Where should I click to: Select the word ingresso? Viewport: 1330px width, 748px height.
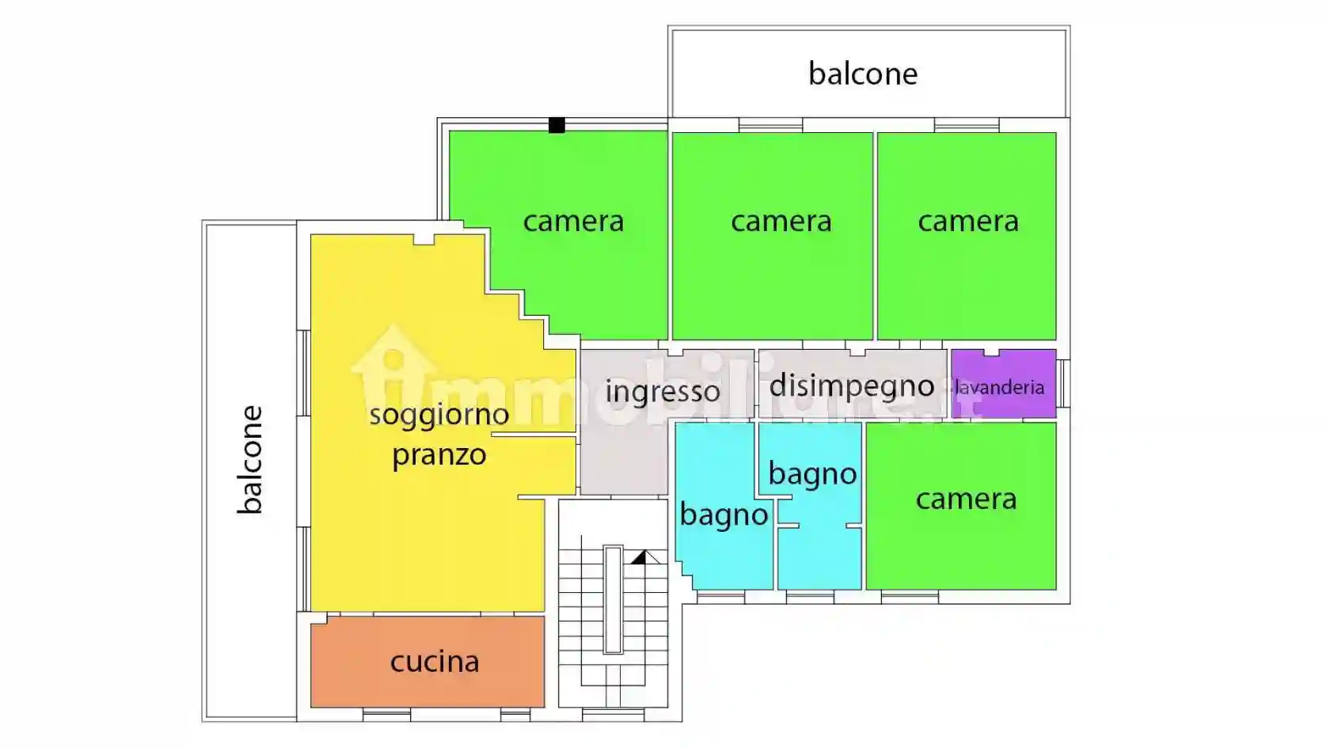663,391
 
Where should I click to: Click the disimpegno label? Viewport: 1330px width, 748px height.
852,385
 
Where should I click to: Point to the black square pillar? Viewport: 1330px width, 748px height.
557,125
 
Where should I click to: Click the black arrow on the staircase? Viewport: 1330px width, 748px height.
639,558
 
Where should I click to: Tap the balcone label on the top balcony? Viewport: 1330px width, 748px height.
863,74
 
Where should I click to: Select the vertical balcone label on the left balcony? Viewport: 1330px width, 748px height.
250,460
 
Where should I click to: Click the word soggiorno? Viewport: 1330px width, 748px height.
439,414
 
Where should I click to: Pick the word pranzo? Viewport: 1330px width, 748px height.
439,455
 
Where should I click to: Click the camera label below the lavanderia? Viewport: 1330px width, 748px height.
966,499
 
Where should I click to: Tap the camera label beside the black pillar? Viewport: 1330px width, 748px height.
573,221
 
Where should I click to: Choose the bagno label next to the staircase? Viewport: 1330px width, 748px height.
724,514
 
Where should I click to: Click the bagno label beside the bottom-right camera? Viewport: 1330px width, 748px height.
812,473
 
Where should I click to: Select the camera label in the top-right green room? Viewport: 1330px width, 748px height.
967,221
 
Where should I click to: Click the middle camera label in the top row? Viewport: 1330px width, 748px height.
781,221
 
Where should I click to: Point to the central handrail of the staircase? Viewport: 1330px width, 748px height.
613,599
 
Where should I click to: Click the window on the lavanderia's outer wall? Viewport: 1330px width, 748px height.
1064,383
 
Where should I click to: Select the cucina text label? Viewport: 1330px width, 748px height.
435,661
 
